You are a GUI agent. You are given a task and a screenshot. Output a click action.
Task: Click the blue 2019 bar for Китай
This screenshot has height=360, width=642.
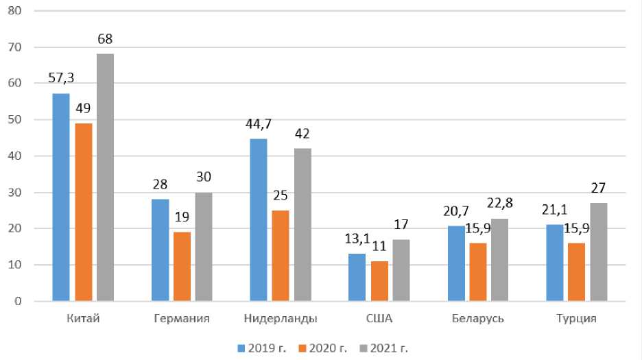click(x=61, y=197)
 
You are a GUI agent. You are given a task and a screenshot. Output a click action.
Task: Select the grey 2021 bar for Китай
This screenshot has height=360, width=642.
click(x=105, y=177)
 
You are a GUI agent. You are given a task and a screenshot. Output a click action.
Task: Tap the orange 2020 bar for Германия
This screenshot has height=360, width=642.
click(x=182, y=266)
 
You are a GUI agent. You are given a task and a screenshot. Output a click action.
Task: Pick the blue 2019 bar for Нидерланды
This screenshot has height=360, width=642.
click(x=259, y=219)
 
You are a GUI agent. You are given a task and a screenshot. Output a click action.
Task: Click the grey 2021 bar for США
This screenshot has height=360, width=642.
click(x=401, y=269)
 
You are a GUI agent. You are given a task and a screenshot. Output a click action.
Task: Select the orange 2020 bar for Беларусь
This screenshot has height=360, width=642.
click(x=478, y=272)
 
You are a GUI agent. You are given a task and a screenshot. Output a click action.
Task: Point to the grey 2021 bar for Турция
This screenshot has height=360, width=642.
click(x=599, y=252)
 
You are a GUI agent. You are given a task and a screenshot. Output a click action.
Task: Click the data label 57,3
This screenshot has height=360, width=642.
click(x=61, y=77)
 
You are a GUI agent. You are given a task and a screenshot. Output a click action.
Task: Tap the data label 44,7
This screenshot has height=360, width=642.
click(x=259, y=123)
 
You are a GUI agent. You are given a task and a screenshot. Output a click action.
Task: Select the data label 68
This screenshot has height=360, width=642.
click(x=105, y=39)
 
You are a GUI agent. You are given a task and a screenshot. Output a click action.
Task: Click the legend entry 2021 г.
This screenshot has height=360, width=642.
click(x=388, y=348)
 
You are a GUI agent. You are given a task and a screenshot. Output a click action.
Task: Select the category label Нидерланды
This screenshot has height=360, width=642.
click(x=281, y=319)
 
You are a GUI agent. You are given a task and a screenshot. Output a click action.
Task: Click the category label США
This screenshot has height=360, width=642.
click(x=379, y=319)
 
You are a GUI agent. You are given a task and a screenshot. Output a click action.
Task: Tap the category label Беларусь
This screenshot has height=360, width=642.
click(x=478, y=319)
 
